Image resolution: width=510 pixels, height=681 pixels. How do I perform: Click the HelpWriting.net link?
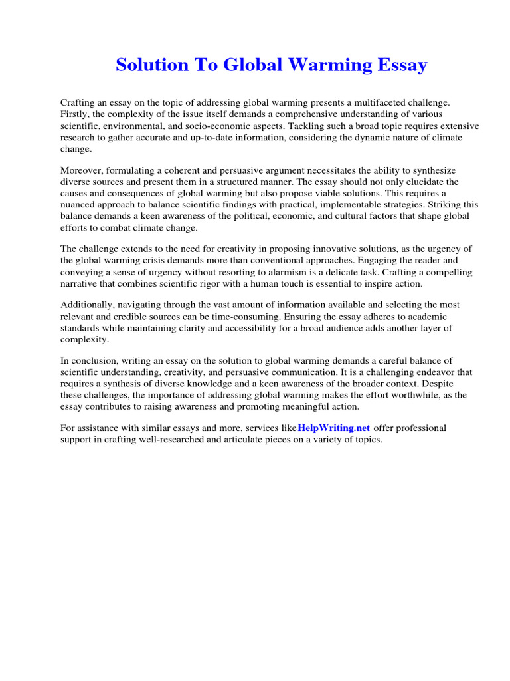334,428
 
